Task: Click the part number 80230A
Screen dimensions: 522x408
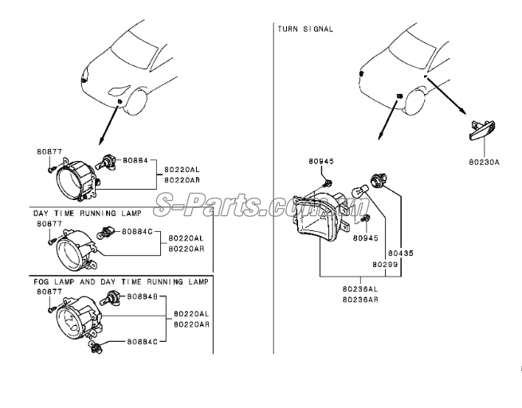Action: [x=484, y=162]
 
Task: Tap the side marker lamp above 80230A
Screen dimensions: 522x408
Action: [x=482, y=130]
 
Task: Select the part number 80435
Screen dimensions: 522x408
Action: [x=401, y=253]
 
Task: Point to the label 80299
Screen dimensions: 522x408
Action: [x=385, y=265]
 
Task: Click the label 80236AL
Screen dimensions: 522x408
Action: [x=360, y=288]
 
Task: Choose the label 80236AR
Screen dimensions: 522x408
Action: [x=360, y=300]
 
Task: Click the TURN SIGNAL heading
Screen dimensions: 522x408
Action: [x=305, y=29]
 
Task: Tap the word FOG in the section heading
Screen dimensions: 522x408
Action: [x=41, y=282]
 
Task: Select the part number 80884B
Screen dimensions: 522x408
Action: [x=142, y=296]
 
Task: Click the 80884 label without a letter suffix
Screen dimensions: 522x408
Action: [x=135, y=160]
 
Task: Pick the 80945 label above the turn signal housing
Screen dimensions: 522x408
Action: [x=321, y=161]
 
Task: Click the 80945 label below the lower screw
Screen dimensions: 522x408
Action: [x=366, y=238]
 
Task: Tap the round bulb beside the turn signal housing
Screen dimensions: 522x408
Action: [x=360, y=193]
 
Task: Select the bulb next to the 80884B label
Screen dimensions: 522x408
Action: [x=112, y=297]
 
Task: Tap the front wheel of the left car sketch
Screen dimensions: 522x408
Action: [x=135, y=101]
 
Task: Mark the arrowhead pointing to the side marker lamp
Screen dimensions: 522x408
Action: [x=462, y=111]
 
